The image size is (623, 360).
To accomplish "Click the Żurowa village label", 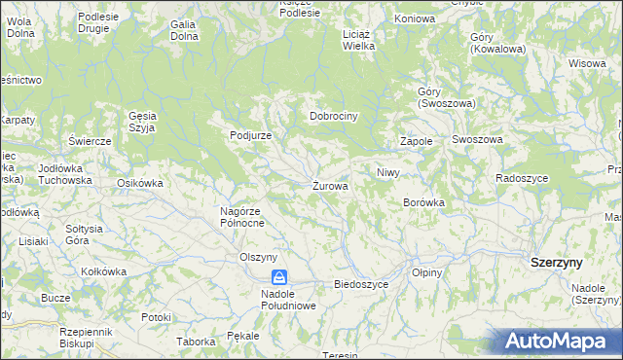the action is click(331, 185).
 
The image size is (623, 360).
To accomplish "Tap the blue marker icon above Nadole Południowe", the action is click(279, 277).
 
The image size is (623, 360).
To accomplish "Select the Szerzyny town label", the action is click(557, 263).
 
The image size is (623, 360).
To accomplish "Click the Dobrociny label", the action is click(335, 116).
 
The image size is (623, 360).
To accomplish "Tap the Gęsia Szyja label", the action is click(142, 122).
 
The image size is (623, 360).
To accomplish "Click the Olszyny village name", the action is click(260, 257).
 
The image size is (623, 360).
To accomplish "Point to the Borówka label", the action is click(423, 202).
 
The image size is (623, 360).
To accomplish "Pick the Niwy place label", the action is click(388, 172).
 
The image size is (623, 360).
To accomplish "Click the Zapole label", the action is click(416, 141).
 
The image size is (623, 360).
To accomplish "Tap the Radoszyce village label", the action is click(522, 178).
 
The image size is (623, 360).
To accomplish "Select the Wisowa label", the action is click(587, 63).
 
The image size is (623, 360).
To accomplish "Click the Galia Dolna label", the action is click(183, 30).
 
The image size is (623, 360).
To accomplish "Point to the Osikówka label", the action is click(139, 183).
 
